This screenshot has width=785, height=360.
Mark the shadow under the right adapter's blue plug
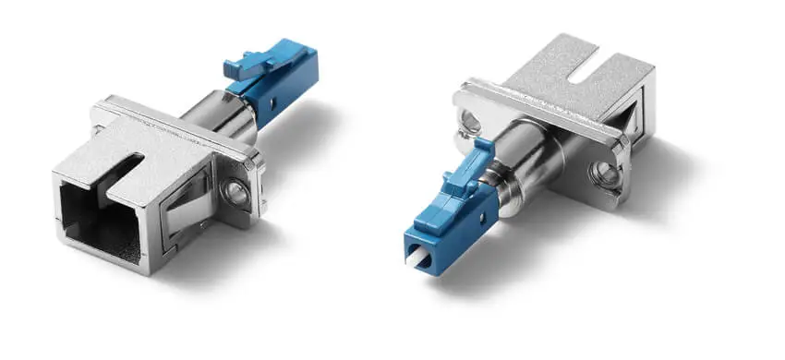point(499,268)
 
